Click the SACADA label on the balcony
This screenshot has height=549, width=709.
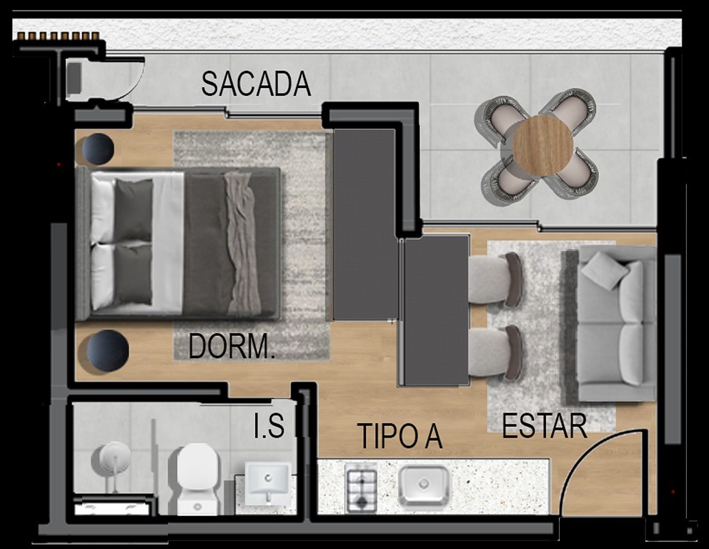[x=256, y=84]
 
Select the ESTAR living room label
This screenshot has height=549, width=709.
[x=544, y=426]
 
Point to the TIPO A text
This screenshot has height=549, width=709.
[x=400, y=436]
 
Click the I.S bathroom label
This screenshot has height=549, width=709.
[x=269, y=427]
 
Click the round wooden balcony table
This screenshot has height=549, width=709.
[x=542, y=146]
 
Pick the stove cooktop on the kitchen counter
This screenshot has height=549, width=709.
[x=361, y=488]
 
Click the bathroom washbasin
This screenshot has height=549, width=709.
[x=267, y=482]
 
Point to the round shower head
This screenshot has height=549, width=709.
[x=114, y=458]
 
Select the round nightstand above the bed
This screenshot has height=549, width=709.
[x=97, y=149]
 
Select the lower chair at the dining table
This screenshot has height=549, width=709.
[x=496, y=352]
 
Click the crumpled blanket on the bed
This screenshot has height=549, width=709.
[x=242, y=243]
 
